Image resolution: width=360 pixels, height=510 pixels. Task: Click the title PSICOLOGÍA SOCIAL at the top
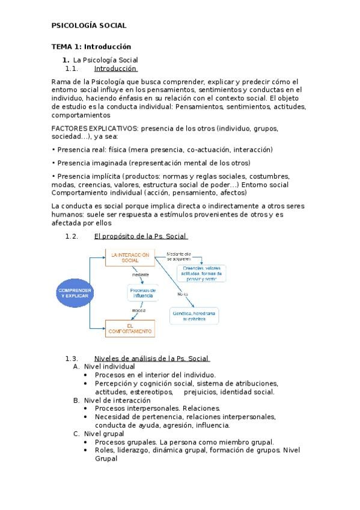88,26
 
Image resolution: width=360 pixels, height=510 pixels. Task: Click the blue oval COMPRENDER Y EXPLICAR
75,293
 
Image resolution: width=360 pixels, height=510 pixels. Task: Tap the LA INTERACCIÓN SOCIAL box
129,257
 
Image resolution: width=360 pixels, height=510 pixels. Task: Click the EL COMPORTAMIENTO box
129,328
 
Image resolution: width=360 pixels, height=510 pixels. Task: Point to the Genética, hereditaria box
194,316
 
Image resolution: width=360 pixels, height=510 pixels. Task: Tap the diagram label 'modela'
139,310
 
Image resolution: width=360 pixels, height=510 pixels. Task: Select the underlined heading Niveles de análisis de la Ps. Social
151,358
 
